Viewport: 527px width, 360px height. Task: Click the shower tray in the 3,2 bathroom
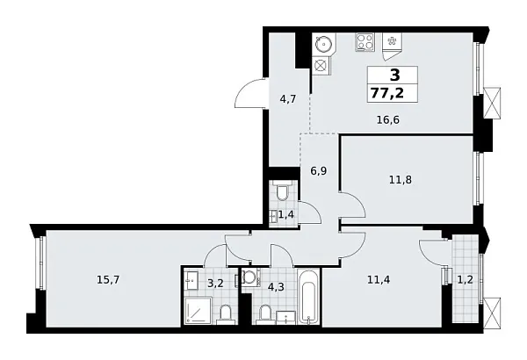200,310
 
